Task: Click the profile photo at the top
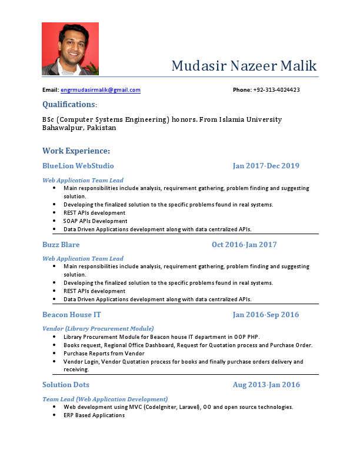pos(70,49)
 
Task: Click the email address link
pos(101,90)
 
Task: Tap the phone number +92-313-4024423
pos(276,90)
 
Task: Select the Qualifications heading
pos(69,104)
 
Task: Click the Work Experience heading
pos(76,151)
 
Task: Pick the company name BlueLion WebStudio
pos(78,166)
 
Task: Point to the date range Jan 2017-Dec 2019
pos(266,166)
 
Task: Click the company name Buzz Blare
pos(61,244)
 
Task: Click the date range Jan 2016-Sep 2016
pos(266,315)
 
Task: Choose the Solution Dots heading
pos(66,385)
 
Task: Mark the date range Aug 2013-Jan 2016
pos(266,385)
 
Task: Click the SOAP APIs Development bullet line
pos(95,221)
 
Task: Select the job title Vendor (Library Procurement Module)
pos(98,328)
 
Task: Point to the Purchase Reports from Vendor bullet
pos(104,354)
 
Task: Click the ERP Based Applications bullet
pos(94,415)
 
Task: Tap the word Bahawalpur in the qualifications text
pos(62,128)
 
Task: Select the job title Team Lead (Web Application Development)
pos(105,399)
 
